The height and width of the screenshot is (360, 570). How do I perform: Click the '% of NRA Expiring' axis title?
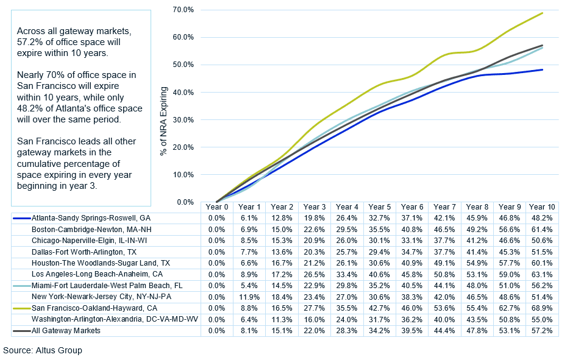[163, 108]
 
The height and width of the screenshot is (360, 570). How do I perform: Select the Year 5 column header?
[380, 207]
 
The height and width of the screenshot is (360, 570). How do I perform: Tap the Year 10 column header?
[542, 207]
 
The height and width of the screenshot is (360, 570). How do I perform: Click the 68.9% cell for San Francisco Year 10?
[542, 309]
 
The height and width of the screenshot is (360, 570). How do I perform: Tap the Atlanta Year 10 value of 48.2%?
[542, 218]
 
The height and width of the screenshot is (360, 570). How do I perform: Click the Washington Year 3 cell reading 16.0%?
[315, 320]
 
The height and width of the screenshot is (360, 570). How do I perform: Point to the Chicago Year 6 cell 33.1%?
[412, 241]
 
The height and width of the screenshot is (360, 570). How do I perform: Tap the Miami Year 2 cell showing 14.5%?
[282, 286]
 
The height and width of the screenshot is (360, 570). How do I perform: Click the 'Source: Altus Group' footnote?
[43, 351]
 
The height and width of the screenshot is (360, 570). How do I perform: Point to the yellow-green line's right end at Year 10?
[542, 13]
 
